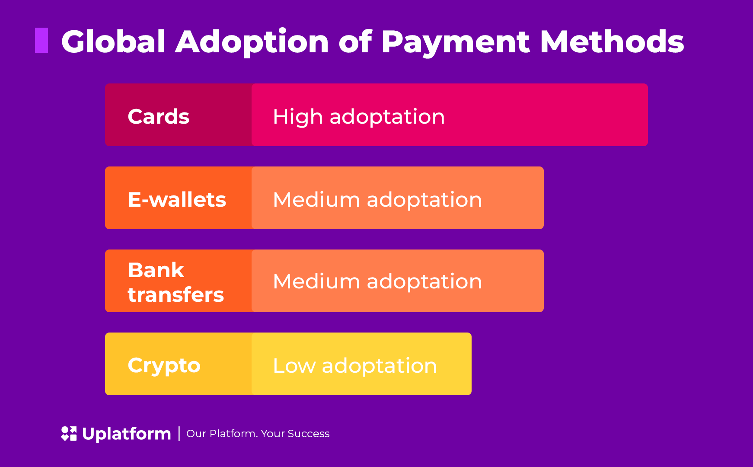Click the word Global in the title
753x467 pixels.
(114, 42)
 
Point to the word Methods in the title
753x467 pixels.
(612, 42)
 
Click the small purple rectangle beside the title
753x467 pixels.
(41, 40)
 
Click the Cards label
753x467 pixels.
(159, 116)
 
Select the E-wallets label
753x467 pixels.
(177, 200)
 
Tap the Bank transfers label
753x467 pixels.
(176, 282)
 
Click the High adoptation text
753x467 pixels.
(359, 117)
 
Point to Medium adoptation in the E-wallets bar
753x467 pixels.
(377, 200)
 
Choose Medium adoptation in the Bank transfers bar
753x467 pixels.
(377, 282)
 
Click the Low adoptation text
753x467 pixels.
(355, 366)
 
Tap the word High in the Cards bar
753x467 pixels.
(298, 117)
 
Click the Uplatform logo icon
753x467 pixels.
(69, 434)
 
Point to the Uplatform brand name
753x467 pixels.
(127, 434)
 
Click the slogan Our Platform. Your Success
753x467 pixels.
(258, 434)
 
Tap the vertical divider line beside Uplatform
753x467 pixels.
(179, 434)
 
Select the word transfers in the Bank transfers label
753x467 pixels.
(176, 294)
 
